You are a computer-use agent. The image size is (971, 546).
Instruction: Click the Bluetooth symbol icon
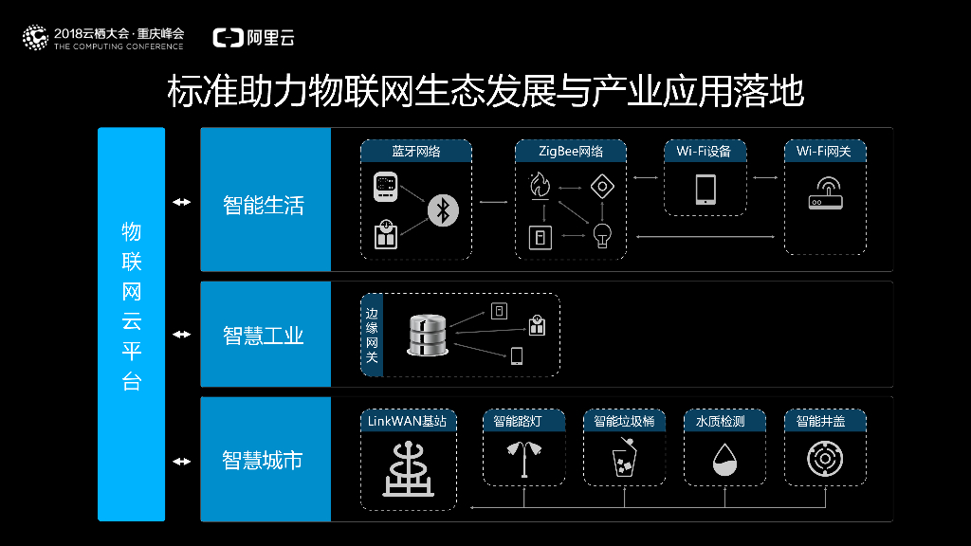click(441, 209)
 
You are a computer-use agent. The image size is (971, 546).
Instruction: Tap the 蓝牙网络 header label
click(416, 152)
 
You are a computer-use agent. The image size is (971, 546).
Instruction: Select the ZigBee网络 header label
click(571, 152)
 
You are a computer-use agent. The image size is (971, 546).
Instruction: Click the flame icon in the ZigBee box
click(540, 186)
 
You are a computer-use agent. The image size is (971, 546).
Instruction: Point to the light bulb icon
click(600, 234)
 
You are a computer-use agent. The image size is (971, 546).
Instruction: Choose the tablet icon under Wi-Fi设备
click(705, 190)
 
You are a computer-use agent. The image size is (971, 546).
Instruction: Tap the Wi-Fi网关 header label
click(825, 152)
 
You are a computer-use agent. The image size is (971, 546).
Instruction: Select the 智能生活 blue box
click(265, 205)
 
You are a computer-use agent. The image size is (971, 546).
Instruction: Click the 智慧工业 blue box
click(265, 335)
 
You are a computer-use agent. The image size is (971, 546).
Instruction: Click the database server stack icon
click(427, 336)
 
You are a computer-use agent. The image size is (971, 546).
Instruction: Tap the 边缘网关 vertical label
click(372, 335)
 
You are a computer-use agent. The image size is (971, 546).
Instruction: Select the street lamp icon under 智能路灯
click(525, 460)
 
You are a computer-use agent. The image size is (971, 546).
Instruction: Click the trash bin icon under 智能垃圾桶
click(623, 460)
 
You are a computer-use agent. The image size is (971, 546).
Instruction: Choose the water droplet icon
click(724, 461)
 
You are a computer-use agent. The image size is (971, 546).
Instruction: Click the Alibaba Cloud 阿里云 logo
click(254, 38)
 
